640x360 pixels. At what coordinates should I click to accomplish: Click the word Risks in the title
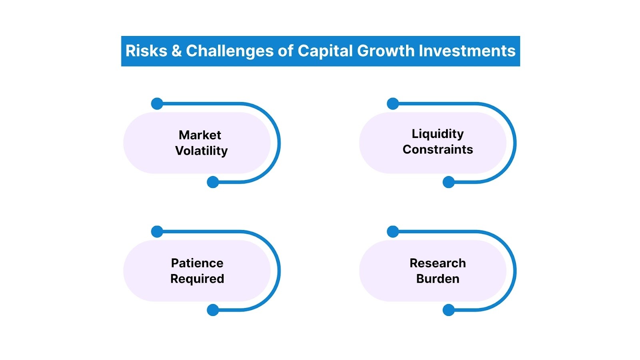(146, 51)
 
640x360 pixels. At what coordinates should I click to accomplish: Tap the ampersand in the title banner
(176, 51)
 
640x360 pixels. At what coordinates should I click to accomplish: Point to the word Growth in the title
(386, 51)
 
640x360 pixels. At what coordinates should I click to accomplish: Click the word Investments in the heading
(467, 51)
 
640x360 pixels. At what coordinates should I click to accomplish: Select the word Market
(200, 135)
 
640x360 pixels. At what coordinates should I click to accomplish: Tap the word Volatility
(201, 151)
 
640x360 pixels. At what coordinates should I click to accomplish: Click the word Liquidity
(438, 134)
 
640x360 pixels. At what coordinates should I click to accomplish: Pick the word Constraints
(438, 150)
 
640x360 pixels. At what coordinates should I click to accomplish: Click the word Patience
(197, 263)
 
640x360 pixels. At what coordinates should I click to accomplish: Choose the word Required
(197, 279)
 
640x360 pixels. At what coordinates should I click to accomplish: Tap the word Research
(438, 263)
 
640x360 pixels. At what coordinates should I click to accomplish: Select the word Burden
(438, 279)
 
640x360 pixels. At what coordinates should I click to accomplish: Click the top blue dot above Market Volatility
(157, 104)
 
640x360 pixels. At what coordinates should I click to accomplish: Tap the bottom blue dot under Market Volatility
(213, 182)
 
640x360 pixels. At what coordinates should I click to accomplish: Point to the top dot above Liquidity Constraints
(393, 104)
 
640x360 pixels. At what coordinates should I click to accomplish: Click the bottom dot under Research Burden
(448, 310)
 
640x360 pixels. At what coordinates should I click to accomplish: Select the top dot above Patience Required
(157, 232)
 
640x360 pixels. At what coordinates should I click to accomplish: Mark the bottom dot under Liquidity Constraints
(448, 182)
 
